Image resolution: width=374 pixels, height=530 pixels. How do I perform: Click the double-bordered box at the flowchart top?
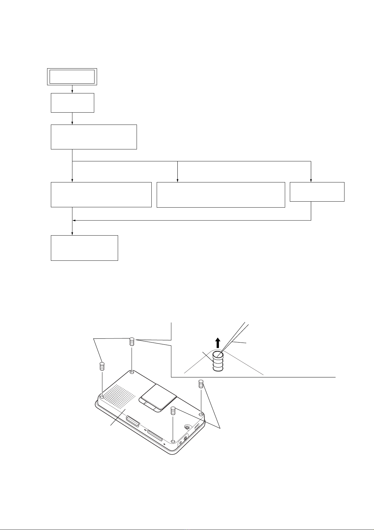[x=72, y=76]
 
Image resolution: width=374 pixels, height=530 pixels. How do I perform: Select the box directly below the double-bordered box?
[x=72, y=103]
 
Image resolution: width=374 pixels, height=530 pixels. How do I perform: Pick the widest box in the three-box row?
[x=220, y=194]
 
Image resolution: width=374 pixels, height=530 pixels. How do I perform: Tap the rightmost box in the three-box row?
[x=317, y=192]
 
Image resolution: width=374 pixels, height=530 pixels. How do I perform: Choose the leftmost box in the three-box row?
[x=101, y=194]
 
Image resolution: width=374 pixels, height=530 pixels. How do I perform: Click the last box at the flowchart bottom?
[x=84, y=248]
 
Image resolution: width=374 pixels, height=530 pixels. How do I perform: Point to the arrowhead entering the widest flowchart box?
[x=178, y=181]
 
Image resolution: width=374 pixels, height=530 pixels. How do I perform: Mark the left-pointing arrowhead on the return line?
[x=74, y=220]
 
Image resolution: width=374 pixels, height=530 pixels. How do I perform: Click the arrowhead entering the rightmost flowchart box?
[x=311, y=181]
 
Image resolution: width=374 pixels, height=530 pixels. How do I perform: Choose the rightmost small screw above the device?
[x=201, y=384]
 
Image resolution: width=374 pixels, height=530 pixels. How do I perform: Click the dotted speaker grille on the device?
[x=119, y=394]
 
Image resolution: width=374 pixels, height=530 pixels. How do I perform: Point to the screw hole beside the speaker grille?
[x=102, y=397]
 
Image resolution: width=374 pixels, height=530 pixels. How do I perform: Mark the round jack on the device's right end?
[x=187, y=427]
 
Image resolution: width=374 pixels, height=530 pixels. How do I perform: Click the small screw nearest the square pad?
[x=172, y=410]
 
